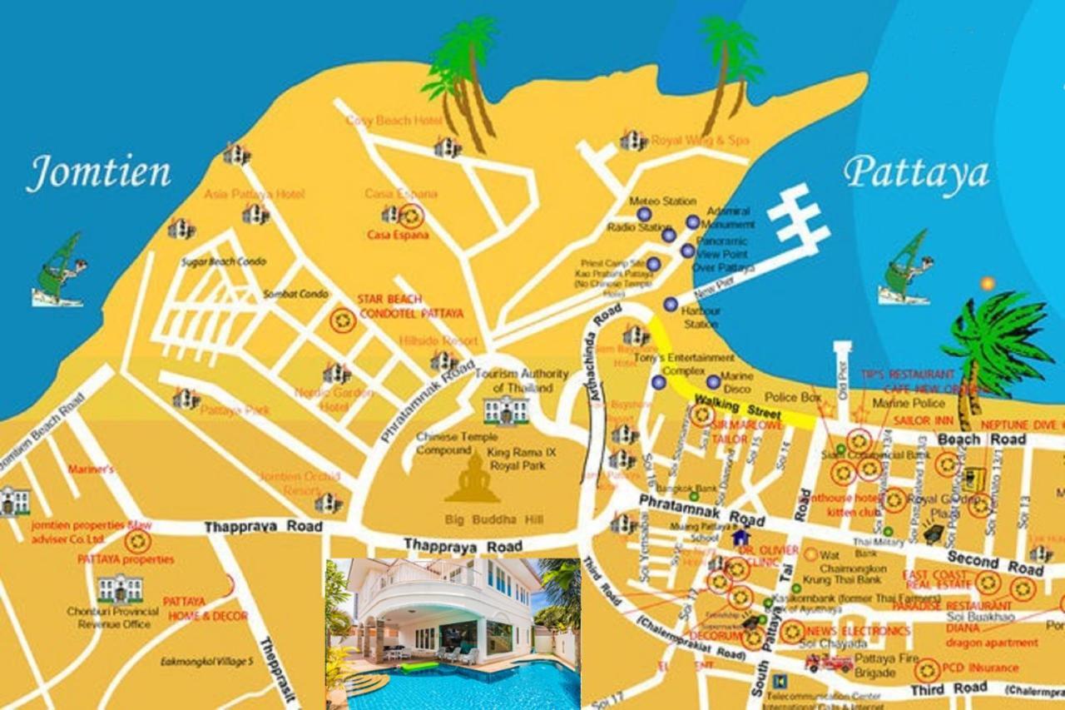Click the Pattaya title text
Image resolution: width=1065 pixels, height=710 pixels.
[x=916, y=173]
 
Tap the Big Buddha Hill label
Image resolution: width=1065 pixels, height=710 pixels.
[x=493, y=520]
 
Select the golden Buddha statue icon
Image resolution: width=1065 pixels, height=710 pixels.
[x=472, y=480]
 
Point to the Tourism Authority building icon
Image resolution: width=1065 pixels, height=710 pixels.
[x=506, y=410]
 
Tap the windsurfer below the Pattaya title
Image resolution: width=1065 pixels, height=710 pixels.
[x=906, y=269]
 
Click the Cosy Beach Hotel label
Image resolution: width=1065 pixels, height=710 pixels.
[x=394, y=122]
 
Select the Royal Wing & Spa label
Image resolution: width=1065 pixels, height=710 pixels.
[x=699, y=141]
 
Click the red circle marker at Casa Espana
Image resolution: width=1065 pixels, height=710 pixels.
[x=410, y=216]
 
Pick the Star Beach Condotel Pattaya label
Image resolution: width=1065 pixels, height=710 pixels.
[x=410, y=306]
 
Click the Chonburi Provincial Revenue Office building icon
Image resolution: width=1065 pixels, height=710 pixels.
[x=120, y=588]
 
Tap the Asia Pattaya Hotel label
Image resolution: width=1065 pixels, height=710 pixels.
[x=254, y=195]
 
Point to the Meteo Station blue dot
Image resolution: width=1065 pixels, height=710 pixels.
[x=644, y=215]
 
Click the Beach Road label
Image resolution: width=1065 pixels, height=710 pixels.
[x=970, y=439]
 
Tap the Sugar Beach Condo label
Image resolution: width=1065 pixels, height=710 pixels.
[x=224, y=262]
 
